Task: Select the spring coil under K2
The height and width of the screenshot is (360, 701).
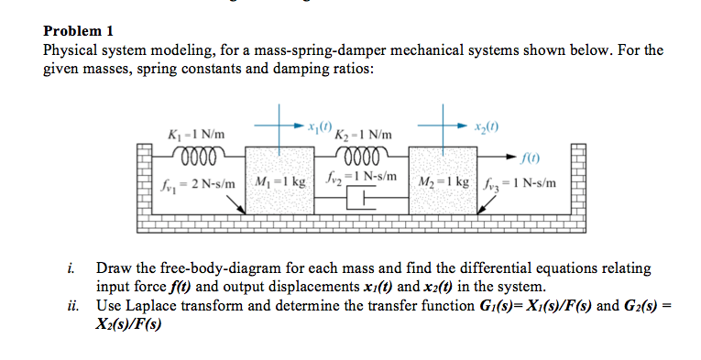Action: tap(365, 153)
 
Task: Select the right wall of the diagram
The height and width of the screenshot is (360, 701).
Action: tap(578, 179)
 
